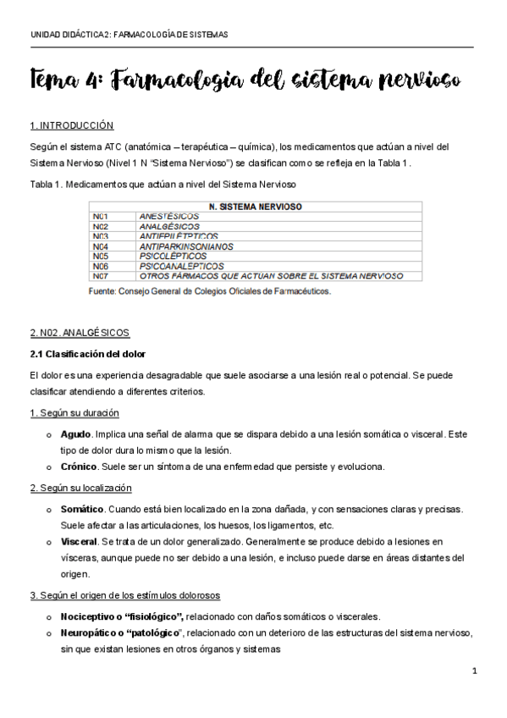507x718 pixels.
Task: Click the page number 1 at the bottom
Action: click(x=475, y=671)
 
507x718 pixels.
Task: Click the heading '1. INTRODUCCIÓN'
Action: click(x=71, y=126)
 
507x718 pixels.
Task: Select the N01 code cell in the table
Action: click(x=101, y=217)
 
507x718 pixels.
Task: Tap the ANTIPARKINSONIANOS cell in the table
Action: click(x=185, y=246)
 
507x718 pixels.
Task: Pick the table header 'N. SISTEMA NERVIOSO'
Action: click(x=256, y=206)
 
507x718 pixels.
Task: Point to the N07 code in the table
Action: click(x=101, y=276)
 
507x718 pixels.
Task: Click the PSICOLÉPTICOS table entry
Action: click(x=170, y=256)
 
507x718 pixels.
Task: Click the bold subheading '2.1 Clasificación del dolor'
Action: click(x=87, y=353)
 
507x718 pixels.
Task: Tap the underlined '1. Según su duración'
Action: click(x=74, y=412)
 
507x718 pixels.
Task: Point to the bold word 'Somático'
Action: click(x=82, y=509)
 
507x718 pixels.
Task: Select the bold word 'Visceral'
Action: click(x=80, y=540)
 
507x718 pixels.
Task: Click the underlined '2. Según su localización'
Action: click(x=80, y=488)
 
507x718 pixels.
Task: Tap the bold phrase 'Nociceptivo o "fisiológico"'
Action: click(x=122, y=616)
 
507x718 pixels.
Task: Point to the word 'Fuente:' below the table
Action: click(x=105, y=291)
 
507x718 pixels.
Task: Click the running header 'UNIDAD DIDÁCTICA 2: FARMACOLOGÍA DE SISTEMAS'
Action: click(x=129, y=35)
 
